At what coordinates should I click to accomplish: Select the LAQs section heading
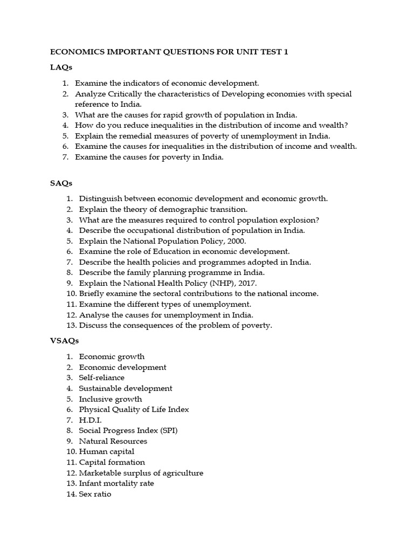[61, 67]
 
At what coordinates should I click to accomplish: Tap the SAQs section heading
[61, 183]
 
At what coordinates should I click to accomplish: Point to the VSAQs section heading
[64, 341]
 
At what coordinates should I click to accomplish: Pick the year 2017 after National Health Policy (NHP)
[247, 283]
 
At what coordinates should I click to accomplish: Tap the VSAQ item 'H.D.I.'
[90, 420]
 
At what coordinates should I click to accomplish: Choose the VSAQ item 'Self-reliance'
[101, 378]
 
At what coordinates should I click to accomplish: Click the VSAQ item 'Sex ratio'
[95, 494]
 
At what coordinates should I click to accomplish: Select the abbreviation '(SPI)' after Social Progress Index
[167, 431]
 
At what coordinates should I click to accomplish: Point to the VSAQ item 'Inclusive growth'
[111, 399]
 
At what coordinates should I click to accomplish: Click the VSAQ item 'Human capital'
[106, 452]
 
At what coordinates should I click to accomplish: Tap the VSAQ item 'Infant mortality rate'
[116, 484]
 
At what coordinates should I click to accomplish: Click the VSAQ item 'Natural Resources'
[113, 441]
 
